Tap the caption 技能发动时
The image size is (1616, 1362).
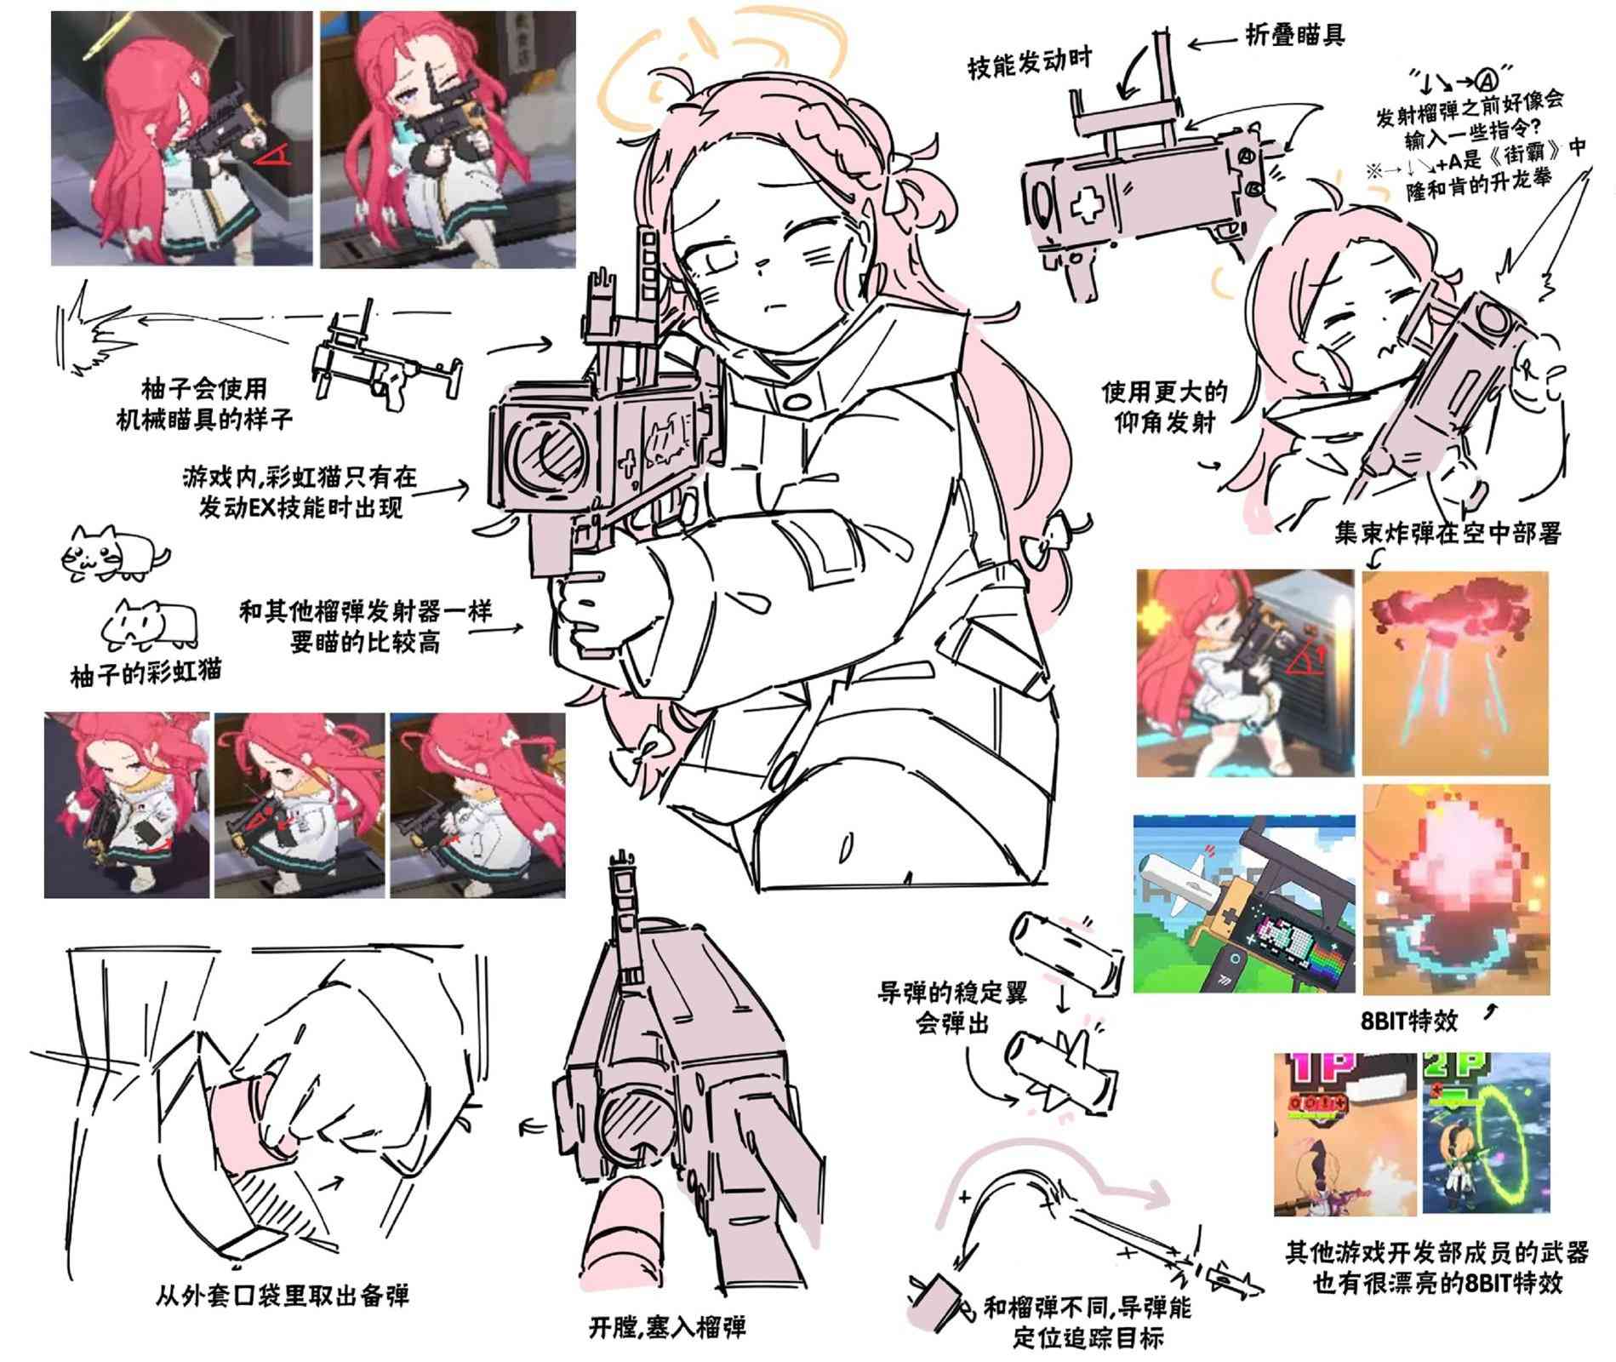pyautogui.click(x=1030, y=65)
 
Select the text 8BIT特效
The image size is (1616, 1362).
pyautogui.click(x=1409, y=1021)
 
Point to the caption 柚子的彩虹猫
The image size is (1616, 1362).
pyautogui.click(x=146, y=672)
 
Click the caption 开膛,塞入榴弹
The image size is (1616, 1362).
pyautogui.click(x=667, y=1326)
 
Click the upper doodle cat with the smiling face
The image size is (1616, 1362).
pyautogui.click(x=115, y=552)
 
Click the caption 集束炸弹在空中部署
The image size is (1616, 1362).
pyautogui.click(x=1448, y=534)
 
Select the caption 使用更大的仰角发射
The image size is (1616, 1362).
pyautogui.click(x=1164, y=407)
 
